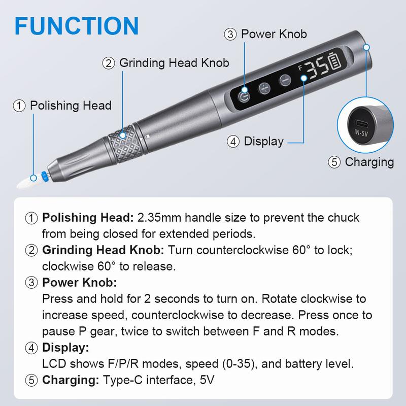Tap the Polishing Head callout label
(x=70, y=106)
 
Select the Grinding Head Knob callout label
(x=174, y=63)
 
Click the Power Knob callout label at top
(x=273, y=35)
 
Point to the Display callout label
(x=263, y=142)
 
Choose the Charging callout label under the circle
(x=369, y=162)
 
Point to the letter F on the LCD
(x=300, y=67)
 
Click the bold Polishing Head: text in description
(x=88, y=218)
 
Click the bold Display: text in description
(x=65, y=348)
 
